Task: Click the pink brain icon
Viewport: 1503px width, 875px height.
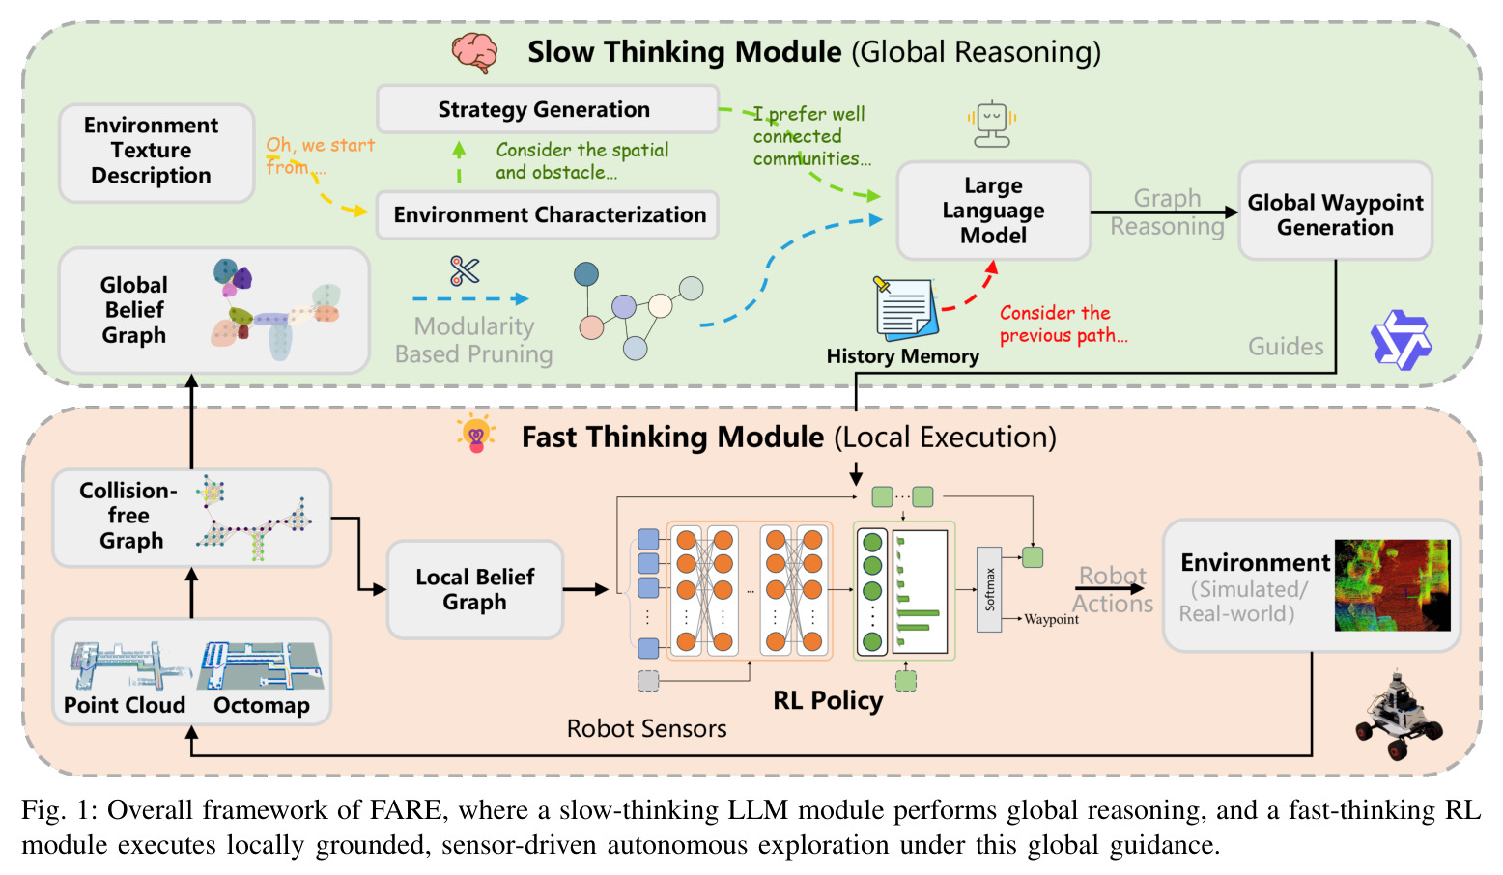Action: (x=475, y=52)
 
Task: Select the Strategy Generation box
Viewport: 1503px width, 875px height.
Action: (x=548, y=109)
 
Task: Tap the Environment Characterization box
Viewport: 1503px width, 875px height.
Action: (x=548, y=214)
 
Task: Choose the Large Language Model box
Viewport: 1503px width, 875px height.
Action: (x=994, y=211)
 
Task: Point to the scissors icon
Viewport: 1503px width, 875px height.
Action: (x=465, y=271)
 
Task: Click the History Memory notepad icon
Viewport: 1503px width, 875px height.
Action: (x=905, y=309)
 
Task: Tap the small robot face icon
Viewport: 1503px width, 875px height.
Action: (x=992, y=125)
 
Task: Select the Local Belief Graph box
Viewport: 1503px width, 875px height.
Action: (x=475, y=589)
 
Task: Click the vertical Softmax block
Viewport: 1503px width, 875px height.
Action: (x=989, y=589)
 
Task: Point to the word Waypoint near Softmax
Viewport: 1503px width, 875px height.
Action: (x=1052, y=619)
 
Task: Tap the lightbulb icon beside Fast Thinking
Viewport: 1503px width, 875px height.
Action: (x=476, y=434)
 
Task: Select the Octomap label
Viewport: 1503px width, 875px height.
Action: (x=262, y=705)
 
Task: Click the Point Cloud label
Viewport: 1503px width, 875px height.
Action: (x=125, y=705)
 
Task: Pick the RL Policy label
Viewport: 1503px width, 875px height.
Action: (x=828, y=700)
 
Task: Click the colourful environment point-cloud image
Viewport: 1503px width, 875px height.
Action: (x=1392, y=585)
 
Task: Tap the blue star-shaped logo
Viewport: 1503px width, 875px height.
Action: (x=1401, y=340)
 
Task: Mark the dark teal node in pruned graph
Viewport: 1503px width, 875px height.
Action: (x=586, y=273)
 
